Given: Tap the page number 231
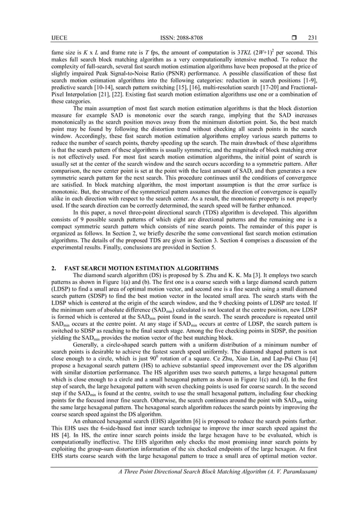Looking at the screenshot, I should [x=312, y=38].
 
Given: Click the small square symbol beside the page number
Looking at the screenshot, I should [x=293, y=38].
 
